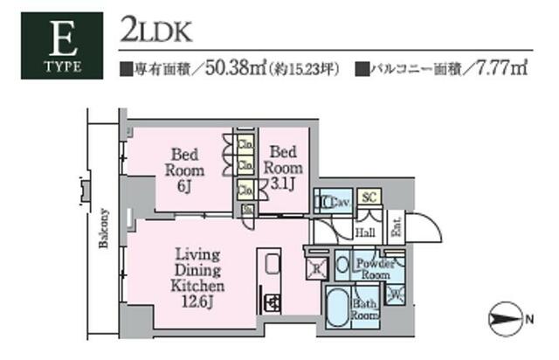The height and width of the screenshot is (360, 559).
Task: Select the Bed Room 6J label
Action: coord(185,166)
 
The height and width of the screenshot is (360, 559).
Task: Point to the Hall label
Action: coord(367,233)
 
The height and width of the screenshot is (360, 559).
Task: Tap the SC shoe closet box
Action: coord(368,198)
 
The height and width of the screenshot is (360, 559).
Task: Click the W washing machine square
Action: coord(397,295)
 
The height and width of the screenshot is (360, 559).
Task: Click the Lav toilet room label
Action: coord(337,203)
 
